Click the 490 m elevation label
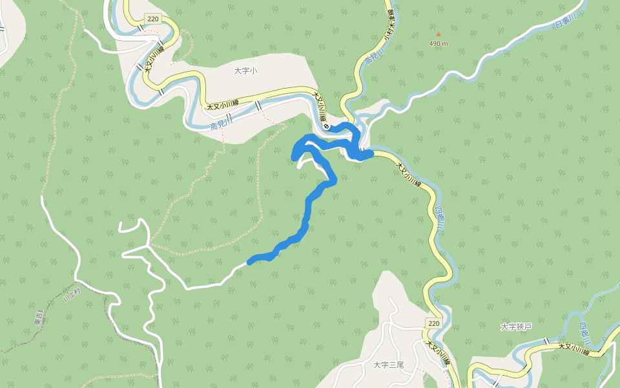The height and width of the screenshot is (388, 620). (439, 44)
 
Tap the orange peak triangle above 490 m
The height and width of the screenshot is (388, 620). (439, 34)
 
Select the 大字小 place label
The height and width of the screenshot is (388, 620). (245, 71)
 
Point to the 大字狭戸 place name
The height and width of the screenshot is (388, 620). (516, 327)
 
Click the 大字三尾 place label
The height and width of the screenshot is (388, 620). (389, 365)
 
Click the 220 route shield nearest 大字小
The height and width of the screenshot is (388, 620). (152, 19)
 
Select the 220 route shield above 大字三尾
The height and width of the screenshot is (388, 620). (433, 323)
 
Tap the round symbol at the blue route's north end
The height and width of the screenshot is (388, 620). (327, 126)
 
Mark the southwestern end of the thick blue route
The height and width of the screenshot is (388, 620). (251, 261)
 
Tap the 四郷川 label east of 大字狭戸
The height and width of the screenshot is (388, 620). (584, 333)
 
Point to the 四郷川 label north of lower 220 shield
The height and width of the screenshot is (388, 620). (440, 219)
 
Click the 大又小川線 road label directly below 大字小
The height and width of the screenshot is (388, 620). (223, 104)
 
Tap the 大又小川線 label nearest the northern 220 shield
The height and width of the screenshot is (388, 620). (154, 59)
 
